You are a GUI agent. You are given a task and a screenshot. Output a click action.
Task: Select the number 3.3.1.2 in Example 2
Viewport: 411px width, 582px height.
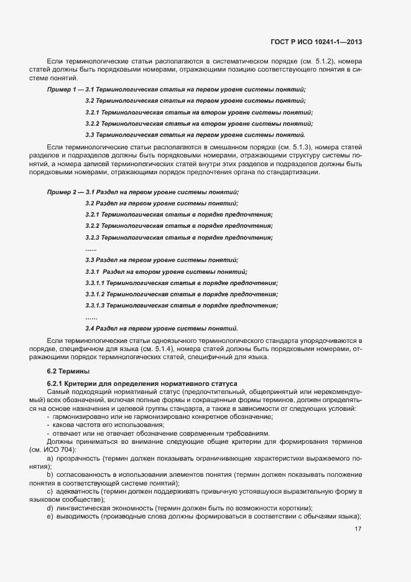click(95, 294)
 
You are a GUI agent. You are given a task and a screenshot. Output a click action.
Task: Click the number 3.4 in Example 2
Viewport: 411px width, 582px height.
click(89, 327)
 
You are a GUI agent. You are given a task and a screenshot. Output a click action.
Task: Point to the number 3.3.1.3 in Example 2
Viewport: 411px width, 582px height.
click(95, 305)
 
